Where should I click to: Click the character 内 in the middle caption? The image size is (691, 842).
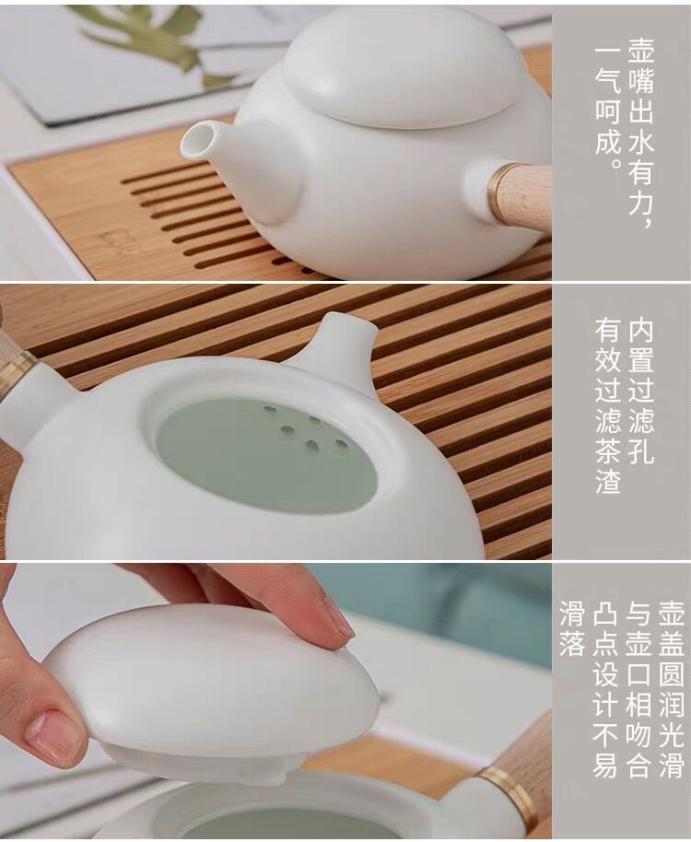pos(639,331)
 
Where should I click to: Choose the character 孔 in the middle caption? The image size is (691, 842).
pos(639,452)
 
